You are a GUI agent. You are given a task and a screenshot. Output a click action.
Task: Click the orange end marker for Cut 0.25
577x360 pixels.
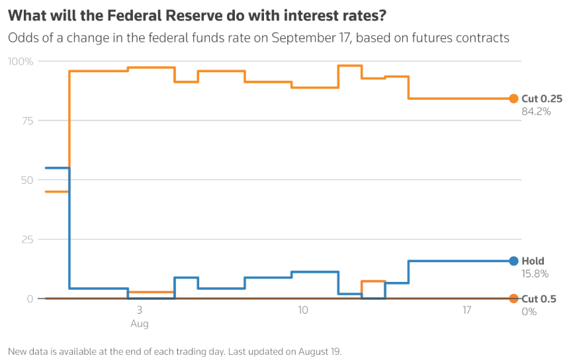pyautogui.click(x=513, y=99)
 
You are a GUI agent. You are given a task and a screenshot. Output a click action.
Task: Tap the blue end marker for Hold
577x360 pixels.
pyautogui.click(x=513, y=261)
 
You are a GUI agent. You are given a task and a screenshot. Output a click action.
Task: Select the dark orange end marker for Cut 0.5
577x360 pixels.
pyautogui.click(x=513, y=299)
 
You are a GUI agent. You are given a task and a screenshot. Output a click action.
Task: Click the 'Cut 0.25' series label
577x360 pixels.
pyautogui.click(x=541, y=99)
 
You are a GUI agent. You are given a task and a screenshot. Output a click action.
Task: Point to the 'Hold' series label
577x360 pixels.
pyautogui.click(x=533, y=261)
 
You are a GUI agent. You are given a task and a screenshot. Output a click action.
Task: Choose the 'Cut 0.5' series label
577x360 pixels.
pyautogui.click(x=539, y=299)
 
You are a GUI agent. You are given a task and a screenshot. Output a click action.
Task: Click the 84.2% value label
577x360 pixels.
pyautogui.click(x=536, y=111)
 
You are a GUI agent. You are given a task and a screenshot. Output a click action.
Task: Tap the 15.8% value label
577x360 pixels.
pyautogui.click(x=535, y=273)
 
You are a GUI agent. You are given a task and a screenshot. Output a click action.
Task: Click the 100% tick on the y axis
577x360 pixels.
pyautogui.click(x=20, y=62)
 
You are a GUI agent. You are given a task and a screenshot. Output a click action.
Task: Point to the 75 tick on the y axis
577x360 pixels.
pyautogui.click(x=26, y=120)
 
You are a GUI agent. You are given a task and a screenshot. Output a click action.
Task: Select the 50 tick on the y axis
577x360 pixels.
pyautogui.click(x=26, y=180)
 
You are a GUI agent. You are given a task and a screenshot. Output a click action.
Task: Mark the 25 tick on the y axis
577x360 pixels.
pyautogui.click(x=26, y=240)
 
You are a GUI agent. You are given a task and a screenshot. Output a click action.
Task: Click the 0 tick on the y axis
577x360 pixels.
pyautogui.click(x=30, y=299)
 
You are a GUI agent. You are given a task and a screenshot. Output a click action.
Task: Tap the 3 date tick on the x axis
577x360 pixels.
pyautogui.click(x=139, y=310)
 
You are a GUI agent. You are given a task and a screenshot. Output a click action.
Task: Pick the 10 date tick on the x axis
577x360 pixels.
pyautogui.click(x=303, y=310)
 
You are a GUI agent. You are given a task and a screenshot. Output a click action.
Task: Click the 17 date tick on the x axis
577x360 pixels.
pyautogui.click(x=466, y=310)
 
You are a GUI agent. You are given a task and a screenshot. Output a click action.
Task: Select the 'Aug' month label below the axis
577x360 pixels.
pyautogui.click(x=139, y=324)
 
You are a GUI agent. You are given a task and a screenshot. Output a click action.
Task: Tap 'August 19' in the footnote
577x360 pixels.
pyautogui.click(x=320, y=351)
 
